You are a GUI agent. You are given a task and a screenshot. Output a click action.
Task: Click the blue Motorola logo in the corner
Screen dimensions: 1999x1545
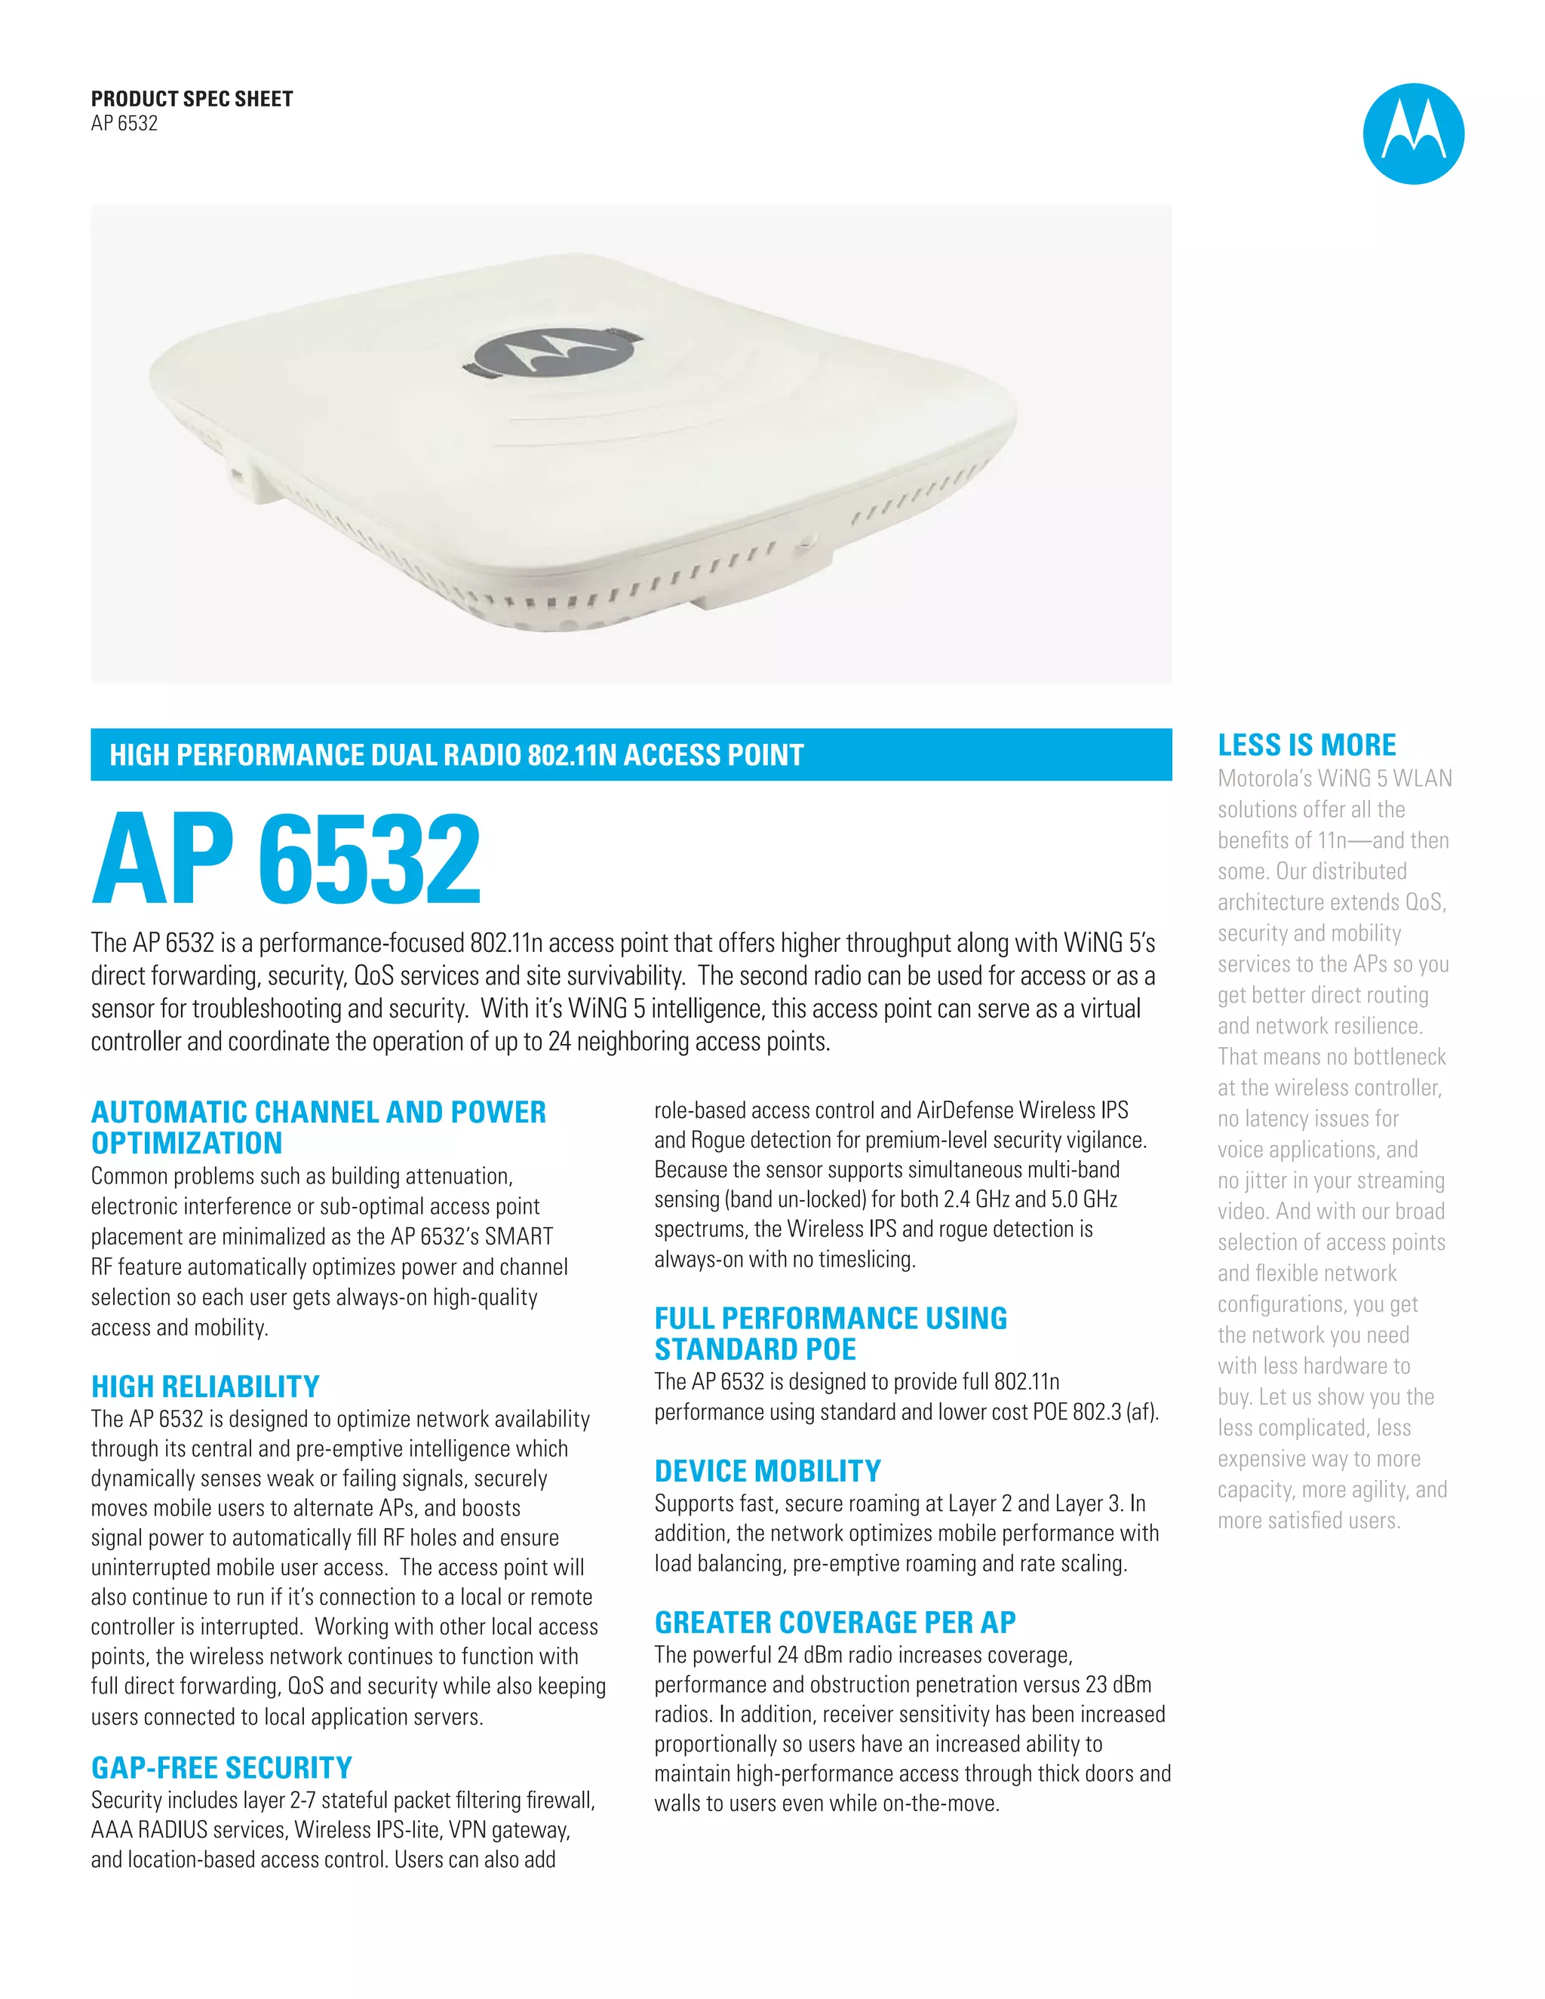click(1412, 134)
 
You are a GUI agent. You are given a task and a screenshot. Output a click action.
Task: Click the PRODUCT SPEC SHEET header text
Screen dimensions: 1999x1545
click(192, 99)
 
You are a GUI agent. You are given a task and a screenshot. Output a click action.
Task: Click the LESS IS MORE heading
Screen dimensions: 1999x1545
click(1306, 745)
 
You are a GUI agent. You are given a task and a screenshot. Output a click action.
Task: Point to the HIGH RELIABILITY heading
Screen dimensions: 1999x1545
click(205, 1386)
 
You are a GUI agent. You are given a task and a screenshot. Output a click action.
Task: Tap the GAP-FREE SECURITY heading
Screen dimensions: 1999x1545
click(222, 1767)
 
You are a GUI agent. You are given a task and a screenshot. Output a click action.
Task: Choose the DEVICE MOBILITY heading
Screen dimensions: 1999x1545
click(767, 1471)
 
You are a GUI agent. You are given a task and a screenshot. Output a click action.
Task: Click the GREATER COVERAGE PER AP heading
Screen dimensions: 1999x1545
click(835, 1622)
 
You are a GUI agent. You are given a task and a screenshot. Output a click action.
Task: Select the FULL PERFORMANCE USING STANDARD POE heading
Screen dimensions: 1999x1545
click(830, 1334)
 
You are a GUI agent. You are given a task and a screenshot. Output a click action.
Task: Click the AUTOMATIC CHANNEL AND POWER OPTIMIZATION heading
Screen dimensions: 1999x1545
click(318, 1128)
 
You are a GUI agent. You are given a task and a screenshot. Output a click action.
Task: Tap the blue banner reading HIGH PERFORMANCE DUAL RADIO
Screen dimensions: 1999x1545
click(631, 755)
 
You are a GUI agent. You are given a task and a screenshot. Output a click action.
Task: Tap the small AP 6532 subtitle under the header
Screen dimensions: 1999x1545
click(124, 124)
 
